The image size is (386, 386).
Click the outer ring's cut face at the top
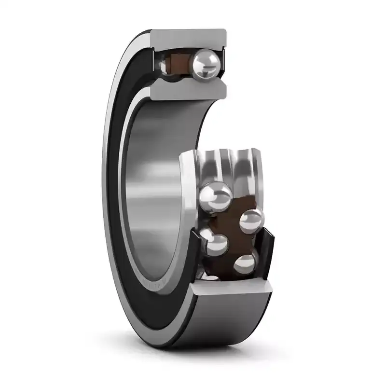click(188, 38)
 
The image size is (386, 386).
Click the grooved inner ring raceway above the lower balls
click(227, 166)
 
